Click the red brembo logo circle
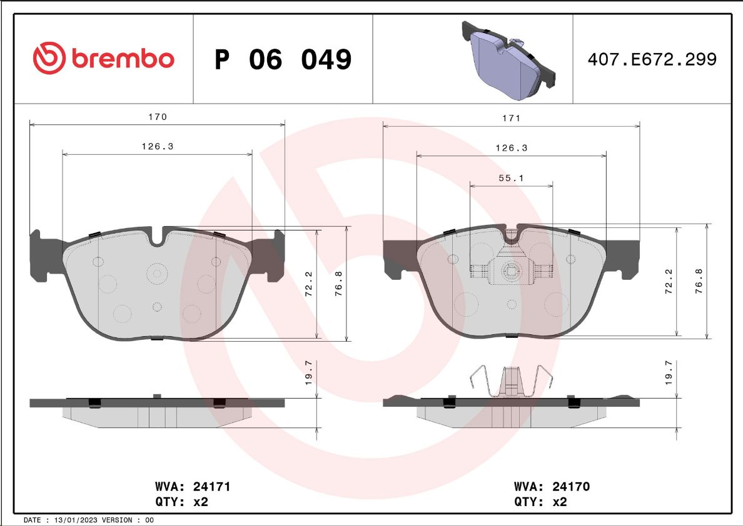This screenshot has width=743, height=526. (x=49, y=57)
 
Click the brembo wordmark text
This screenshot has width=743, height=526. (x=123, y=58)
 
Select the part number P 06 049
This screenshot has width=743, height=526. (x=283, y=59)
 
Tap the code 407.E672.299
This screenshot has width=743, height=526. (x=652, y=59)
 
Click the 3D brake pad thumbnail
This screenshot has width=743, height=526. (x=508, y=60)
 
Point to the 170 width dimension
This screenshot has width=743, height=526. (x=158, y=116)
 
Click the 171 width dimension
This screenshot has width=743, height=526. (x=512, y=118)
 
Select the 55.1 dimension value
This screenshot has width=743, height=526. (x=511, y=178)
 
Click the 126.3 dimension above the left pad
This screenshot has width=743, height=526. (x=158, y=146)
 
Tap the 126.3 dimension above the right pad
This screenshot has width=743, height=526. (x=512, y=148)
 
